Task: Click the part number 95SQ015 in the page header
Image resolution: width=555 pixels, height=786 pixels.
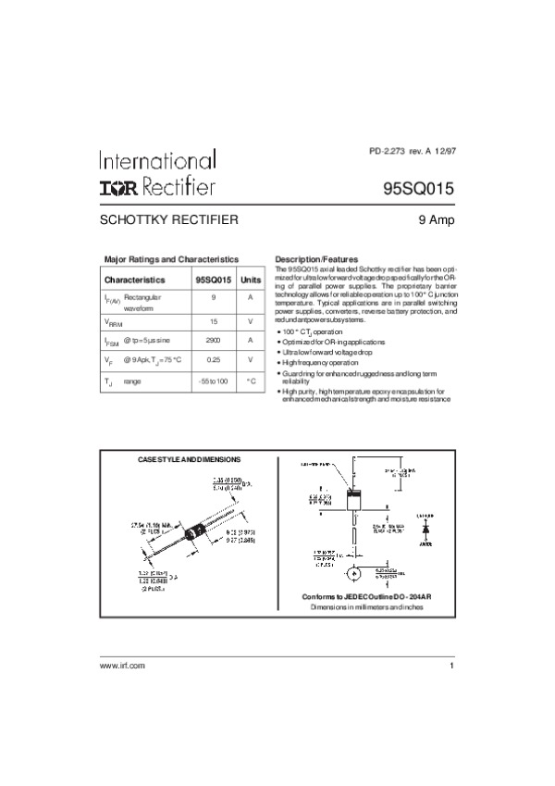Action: coord(418,187)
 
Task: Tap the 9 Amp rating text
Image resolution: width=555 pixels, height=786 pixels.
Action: coord(435,221)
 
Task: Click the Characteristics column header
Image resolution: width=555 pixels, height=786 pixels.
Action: coord(134,279)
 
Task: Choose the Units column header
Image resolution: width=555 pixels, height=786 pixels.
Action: coord(250,279)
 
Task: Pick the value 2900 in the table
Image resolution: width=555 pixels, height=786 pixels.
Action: coord(214,339)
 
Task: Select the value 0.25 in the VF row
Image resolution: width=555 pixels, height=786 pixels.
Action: coord(214,359)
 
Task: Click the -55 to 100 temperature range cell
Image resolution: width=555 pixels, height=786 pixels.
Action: coord(214,381)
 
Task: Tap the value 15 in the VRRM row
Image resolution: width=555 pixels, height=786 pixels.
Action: coord(214,320)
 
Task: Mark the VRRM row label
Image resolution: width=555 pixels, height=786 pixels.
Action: coord(112,321)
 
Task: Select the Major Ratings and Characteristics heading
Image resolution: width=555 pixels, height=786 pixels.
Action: coord(171,259)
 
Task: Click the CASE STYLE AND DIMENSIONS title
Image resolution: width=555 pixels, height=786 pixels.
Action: coord(189,459)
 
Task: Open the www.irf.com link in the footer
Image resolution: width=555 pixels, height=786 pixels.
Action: coord(122,666)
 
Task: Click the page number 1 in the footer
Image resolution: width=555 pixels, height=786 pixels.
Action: coord(450,666)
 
